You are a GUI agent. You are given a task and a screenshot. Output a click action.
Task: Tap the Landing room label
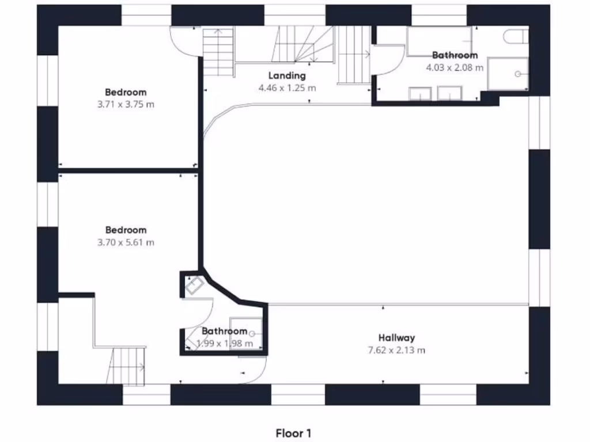[x=287, y=75]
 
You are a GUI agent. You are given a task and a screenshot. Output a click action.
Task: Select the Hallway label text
[x=396, y=338]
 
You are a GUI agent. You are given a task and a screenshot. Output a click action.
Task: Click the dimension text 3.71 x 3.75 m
[x=126, y=105]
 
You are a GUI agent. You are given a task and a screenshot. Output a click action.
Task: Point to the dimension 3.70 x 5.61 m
[x=126, y=242]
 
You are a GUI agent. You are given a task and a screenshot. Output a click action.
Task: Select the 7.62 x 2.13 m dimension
[x=396, y=350]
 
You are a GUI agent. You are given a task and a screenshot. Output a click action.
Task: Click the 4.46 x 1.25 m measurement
[x=287, y=88]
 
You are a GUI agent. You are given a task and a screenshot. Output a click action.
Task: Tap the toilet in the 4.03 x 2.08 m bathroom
[x=515, y=36]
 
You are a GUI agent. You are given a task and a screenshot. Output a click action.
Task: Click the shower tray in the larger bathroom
[x=508, y=74]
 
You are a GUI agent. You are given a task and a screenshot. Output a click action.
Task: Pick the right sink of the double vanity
[x=449, y=93]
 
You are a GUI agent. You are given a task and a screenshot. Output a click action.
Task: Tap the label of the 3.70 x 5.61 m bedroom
[x=126, y=230]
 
